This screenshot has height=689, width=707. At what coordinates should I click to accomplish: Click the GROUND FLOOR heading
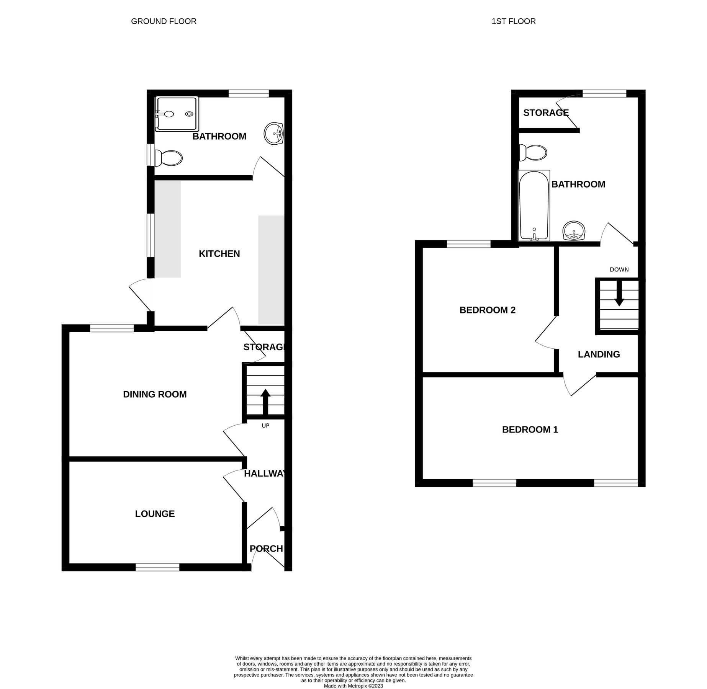(x=164, y=21)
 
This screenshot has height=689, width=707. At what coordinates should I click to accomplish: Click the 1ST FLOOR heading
(x=513, y=21)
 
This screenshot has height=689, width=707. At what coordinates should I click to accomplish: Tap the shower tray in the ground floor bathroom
(x=177, y=114)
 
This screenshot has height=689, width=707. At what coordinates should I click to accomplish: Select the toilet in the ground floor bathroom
(x=169, y=158)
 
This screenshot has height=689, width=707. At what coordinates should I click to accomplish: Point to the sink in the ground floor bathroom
(x=273, y=134)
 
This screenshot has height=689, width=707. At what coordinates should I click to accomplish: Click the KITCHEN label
(x=219, y=254)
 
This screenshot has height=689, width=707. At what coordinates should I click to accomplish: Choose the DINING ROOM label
(x=155, y=394)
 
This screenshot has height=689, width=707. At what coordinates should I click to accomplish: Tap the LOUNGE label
(x=155, y=514)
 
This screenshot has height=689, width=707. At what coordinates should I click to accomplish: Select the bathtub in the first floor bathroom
(x=534, y=205)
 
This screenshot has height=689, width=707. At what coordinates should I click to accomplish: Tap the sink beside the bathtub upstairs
(x=574, y=231)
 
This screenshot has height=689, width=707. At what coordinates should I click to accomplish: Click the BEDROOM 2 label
(x=487, y=310)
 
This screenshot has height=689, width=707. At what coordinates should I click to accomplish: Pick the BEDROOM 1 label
(x=530, y=429)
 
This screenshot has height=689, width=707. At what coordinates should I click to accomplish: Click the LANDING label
(x=599, y=354)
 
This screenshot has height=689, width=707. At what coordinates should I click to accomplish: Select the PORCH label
(x=266, y=549)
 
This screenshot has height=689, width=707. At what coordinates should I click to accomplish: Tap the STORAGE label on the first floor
(x=546, y=113)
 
